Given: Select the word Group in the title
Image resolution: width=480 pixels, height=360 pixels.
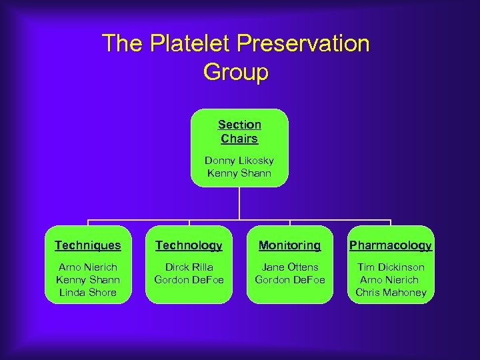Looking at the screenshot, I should tap(235, 72).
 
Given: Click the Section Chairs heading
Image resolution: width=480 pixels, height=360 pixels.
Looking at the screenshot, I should tap(239, 132).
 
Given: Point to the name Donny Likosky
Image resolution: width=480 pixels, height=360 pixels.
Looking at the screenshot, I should tap(239, 161).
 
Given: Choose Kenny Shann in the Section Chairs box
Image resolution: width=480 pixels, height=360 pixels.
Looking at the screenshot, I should tap(239, 173).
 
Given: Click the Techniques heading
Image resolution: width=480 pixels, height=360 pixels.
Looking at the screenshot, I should tap(88, 245).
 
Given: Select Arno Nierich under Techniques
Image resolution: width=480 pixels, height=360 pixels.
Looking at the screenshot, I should tap(88, 267).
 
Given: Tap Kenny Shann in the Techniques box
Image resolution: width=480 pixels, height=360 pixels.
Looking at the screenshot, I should tap(88, 280).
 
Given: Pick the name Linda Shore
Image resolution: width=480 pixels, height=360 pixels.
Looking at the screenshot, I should tap(88, 293).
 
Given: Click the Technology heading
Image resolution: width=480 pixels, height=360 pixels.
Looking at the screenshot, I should tap(189, 245).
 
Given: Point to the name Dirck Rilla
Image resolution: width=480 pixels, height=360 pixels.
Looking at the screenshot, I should tap(189, 267).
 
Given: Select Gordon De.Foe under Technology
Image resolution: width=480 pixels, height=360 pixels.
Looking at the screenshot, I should tap(189, 280).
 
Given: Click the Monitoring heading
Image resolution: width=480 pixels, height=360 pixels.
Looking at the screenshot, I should tap(289, 245).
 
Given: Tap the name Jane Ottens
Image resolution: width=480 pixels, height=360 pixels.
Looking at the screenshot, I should tap(289, 267).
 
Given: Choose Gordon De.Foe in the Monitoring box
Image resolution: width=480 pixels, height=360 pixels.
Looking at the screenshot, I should tap(289, 280).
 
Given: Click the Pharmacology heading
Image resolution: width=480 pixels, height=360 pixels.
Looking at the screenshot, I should tap(391, 245).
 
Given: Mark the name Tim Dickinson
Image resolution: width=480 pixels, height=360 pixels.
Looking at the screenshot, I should tap(391, 267).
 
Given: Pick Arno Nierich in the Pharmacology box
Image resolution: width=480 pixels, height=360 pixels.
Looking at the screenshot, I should tap(391, 280).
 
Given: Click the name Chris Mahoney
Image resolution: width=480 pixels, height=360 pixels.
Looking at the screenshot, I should tap(391, 293).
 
